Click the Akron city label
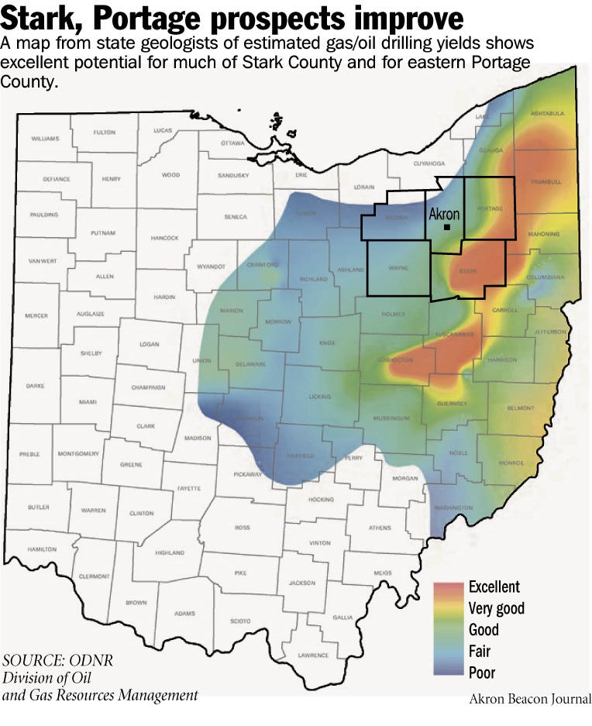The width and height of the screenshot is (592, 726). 445,213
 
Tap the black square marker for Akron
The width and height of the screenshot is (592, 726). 448,227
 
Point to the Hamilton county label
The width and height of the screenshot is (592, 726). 41,548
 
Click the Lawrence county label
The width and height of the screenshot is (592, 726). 314,655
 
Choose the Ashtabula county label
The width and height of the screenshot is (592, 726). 547,113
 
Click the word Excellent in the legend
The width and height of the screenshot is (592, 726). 494,587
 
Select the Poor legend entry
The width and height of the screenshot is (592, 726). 481,673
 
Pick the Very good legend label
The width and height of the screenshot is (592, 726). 496,608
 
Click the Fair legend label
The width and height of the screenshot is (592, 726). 480,652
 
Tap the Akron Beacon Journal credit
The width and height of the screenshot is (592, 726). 529,699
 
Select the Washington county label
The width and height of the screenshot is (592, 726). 453,508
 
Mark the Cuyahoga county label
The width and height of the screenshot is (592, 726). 429,163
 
